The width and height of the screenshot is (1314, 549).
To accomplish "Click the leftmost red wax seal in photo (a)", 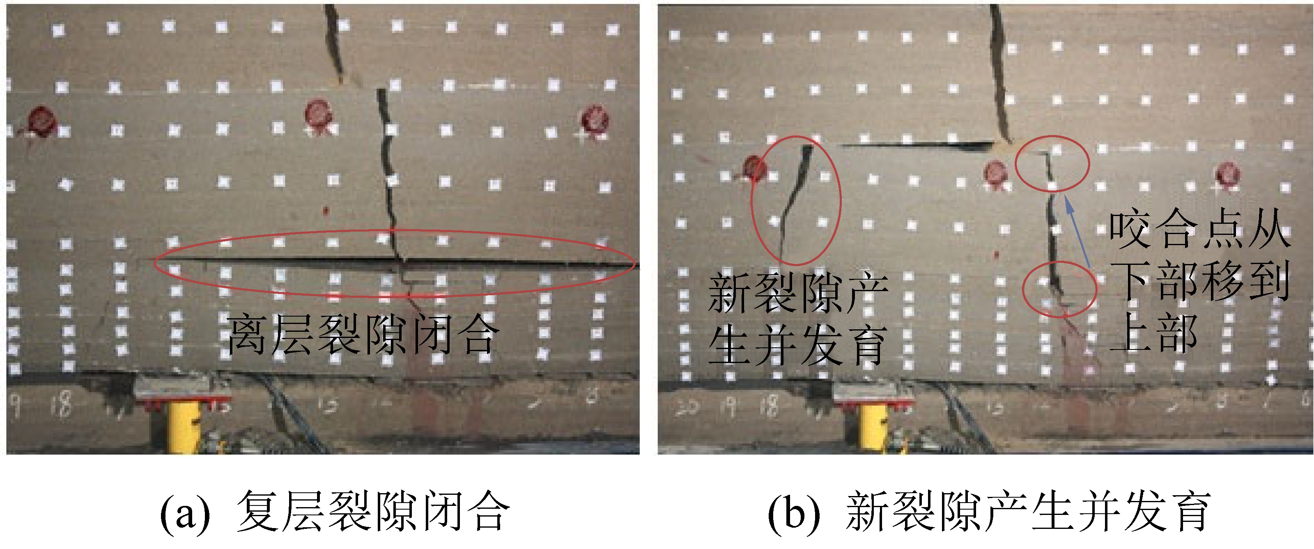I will (x=41, y=122).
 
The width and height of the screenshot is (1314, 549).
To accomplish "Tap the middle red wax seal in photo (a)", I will (x=318, y=114).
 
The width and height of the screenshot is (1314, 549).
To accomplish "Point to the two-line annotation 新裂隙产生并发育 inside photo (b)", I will (x=797, y=319).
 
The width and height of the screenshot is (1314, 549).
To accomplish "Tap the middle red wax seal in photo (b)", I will (x=995, y=173).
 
